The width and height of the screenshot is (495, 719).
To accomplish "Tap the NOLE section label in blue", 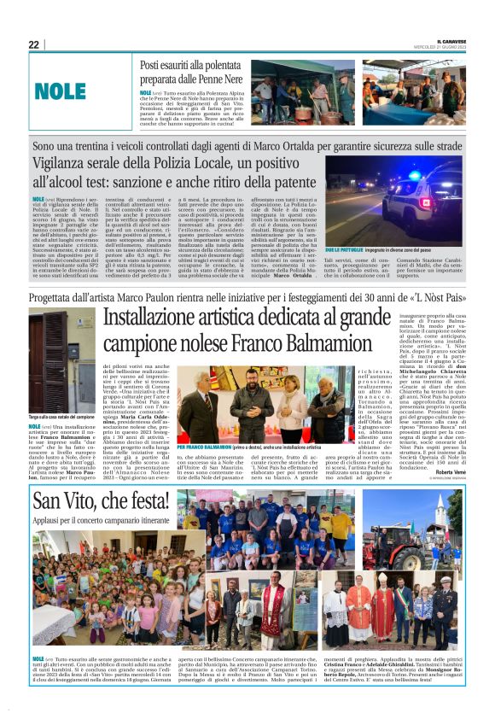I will pos(61,90).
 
